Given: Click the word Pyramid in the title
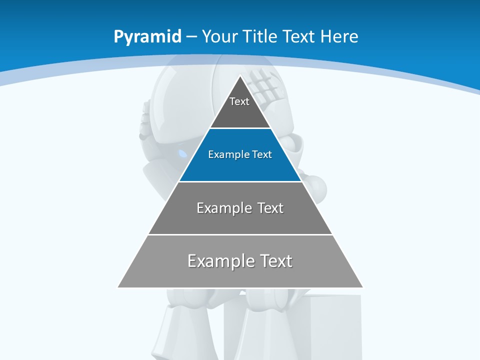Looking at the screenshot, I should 147,37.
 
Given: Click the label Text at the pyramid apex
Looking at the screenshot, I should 239,101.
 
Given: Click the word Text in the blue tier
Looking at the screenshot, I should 262,154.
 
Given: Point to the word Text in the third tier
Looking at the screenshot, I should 270,208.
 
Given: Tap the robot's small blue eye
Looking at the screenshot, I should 182,152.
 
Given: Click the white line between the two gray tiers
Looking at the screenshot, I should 240,234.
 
